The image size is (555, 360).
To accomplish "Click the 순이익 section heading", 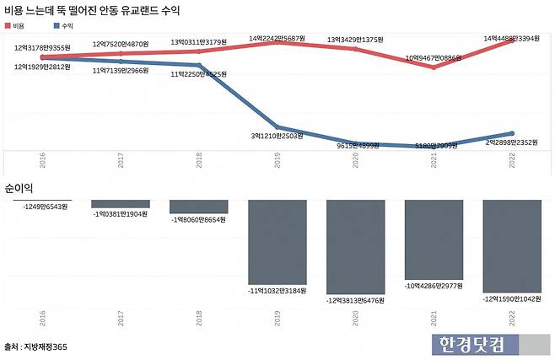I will (x=19, y=186).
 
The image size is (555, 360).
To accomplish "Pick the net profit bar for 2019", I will (x=277, y=241).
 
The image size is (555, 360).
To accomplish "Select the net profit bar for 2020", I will (x=356, y=246).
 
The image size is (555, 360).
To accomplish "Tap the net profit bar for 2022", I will (x=512, y=245).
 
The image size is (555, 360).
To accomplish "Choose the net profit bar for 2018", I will (x=199, y=207).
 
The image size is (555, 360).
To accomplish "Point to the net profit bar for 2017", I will (x=121, y=204).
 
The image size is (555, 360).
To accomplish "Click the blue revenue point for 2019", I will (x=277, y=127).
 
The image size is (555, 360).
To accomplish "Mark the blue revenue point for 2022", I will (x=512, y=132).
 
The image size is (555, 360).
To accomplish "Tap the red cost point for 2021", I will (x=434, y=67).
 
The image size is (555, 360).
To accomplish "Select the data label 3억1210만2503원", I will (x=278, y=136).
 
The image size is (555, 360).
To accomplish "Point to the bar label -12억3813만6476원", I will (x=356, y=300).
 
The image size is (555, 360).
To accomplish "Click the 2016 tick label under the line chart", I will (x=42, y=161).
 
